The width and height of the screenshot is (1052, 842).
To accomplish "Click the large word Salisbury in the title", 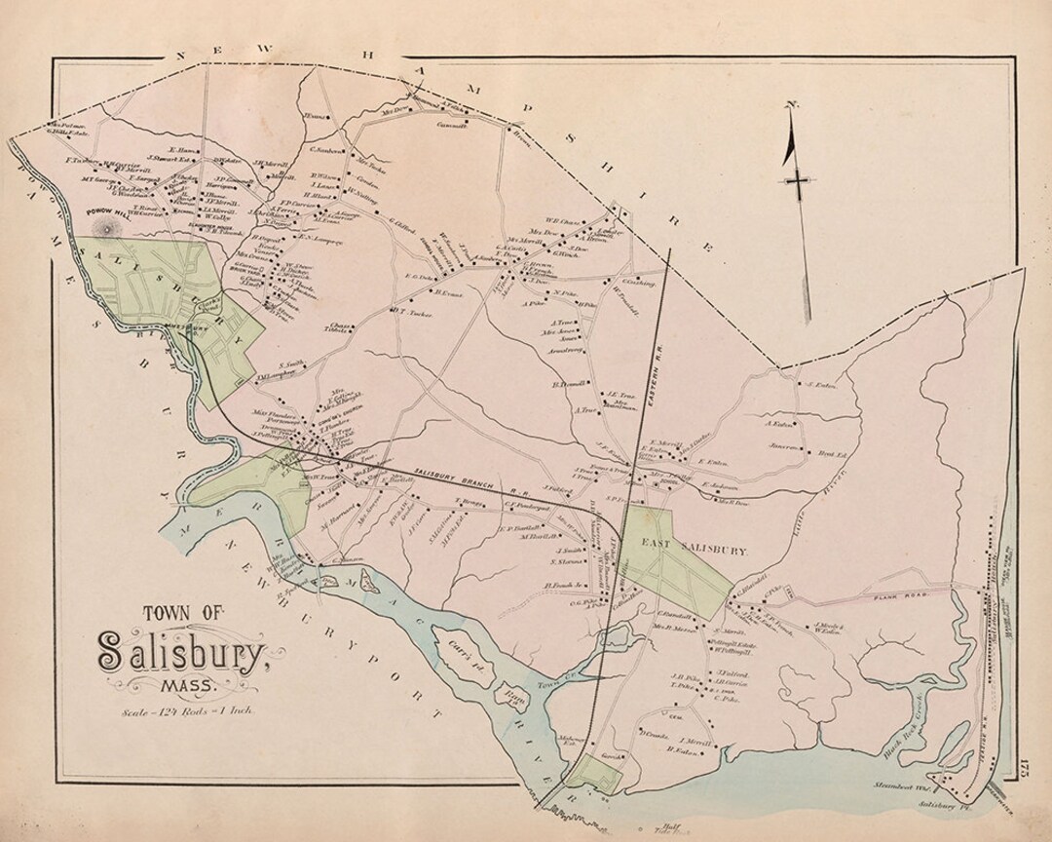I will click(184, 650).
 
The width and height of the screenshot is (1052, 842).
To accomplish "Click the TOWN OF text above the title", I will click(183, 613).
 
